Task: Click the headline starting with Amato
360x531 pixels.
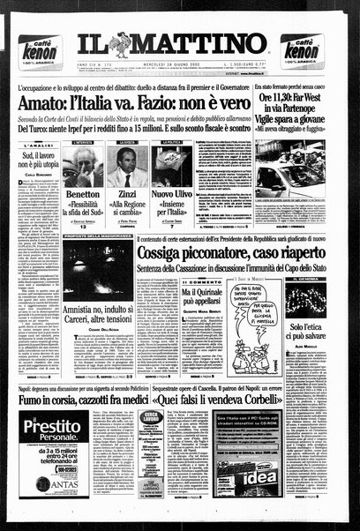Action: pos(128,102)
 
